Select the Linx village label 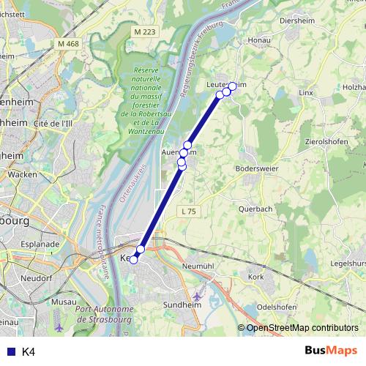306,94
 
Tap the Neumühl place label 198,266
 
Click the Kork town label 255,277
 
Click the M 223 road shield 146,32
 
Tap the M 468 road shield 67,44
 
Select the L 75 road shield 188,211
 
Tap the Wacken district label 23,175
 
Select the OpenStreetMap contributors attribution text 302,328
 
